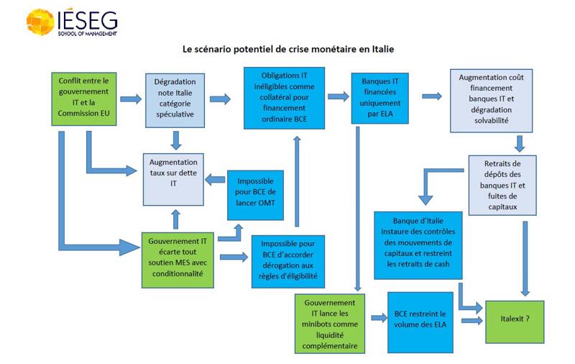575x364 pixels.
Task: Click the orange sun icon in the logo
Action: pyautogui.click(x=40, y=22)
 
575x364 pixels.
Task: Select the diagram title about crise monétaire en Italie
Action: pyautogui.click(x=288, y=50)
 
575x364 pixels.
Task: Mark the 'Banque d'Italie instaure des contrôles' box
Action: pyautogui.click(x=418, y=245)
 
